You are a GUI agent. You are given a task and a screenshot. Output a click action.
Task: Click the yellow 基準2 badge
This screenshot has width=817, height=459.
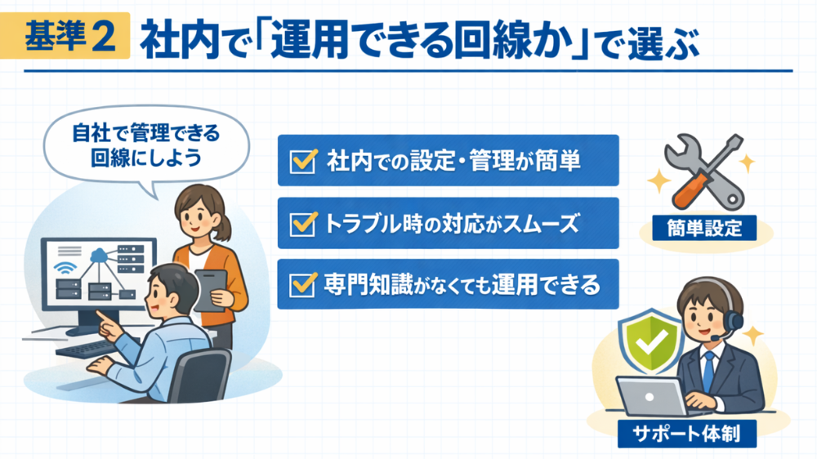click(x=65, y=35)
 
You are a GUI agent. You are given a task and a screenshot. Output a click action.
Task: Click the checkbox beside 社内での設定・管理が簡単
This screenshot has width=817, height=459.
click(x=303, y=161)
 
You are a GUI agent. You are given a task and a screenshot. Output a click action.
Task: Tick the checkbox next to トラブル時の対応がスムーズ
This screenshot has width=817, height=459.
click(x=303, y=224)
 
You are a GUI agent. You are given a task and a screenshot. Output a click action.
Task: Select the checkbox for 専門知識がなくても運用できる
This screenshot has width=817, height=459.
click(x=303, y=284)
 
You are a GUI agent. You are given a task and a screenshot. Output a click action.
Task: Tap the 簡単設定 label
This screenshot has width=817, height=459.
click(x=704, y=228)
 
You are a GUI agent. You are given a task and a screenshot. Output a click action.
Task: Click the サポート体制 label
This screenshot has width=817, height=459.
click(x=687, y=434)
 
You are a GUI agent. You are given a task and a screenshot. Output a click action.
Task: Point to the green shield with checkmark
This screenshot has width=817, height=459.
click(x=650, y=341)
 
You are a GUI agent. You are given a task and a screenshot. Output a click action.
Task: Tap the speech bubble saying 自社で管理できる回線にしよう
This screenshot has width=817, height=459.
click(x=146, y=146)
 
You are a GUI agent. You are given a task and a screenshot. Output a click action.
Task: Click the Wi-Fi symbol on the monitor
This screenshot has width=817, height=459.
click(x=65, y=268)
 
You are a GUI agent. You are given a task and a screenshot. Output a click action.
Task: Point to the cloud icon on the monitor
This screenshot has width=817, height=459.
click(x=98, y=256)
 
